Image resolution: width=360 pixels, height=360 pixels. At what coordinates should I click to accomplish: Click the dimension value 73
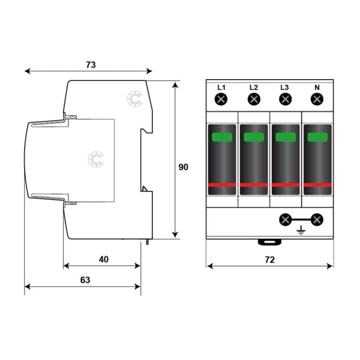pos(91,65)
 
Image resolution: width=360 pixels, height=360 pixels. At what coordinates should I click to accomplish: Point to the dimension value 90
pos(183,167)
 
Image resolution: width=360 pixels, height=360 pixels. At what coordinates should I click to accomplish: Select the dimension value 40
pos(104,259)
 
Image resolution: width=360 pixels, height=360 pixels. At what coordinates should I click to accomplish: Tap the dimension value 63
pos(85,280)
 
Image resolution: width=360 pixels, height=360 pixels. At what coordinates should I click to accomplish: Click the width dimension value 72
pos(270,260)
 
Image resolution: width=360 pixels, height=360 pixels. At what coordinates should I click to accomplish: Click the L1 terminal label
pos(221,88)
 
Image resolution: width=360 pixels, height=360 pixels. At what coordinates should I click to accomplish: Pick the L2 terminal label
pos(254,88)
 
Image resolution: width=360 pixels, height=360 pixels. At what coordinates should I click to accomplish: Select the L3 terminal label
pos(284,88)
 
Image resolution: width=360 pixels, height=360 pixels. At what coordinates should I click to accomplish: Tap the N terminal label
pos(317,88)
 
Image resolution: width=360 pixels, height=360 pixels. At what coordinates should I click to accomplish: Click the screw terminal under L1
pos(221,100)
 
